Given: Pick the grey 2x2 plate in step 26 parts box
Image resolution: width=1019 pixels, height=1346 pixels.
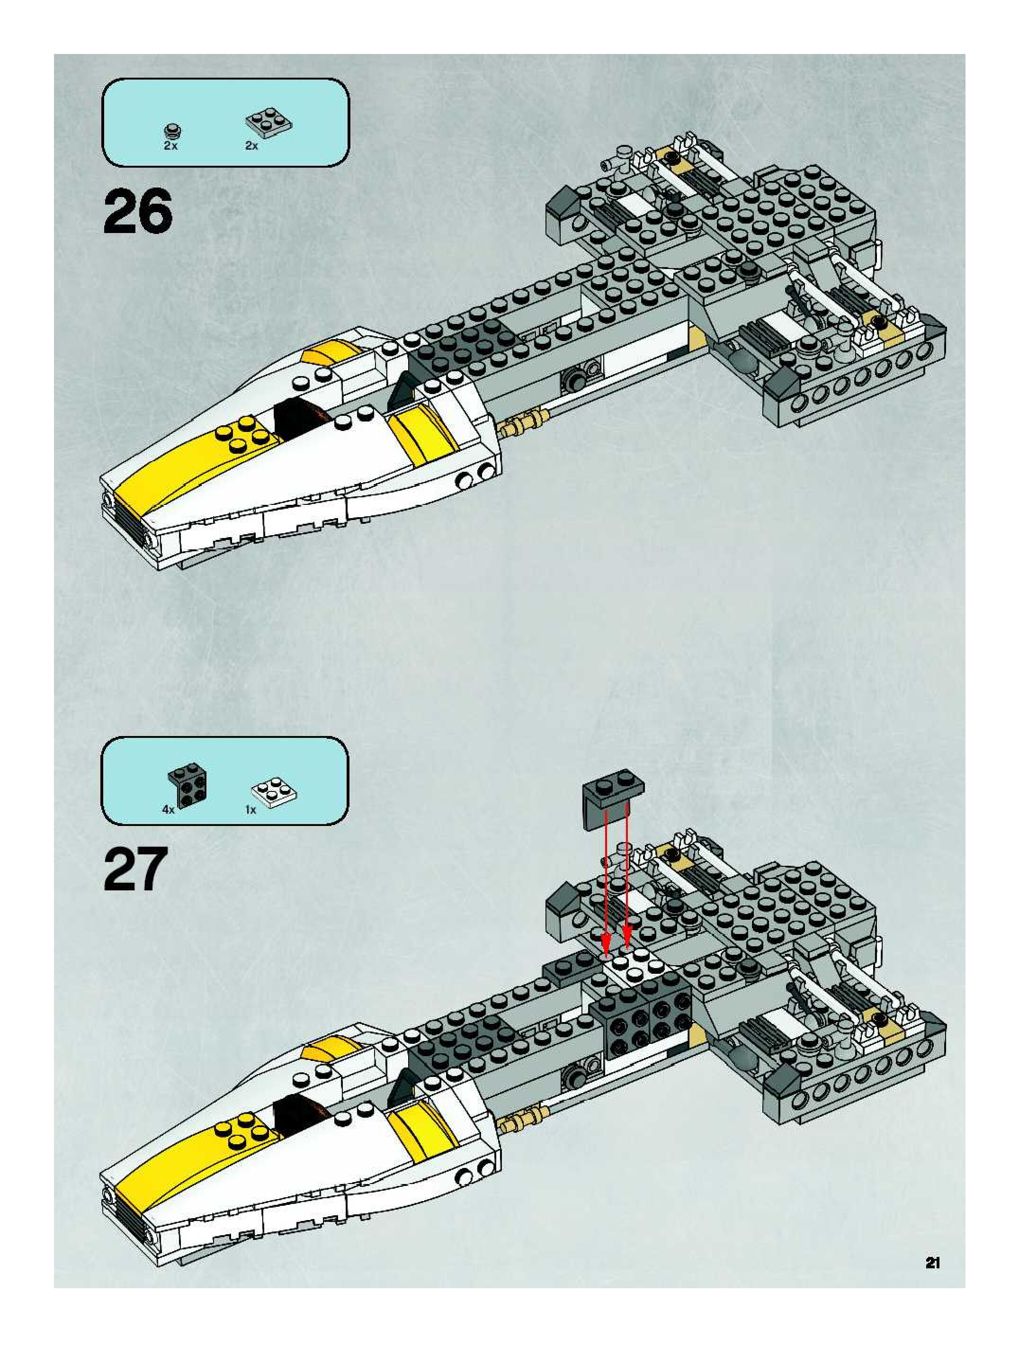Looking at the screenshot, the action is tap(268, 124).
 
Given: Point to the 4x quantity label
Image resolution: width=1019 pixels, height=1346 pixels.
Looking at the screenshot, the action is tap(168, 810).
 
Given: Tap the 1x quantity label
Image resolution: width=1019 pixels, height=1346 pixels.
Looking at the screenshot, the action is tap(250, 810).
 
